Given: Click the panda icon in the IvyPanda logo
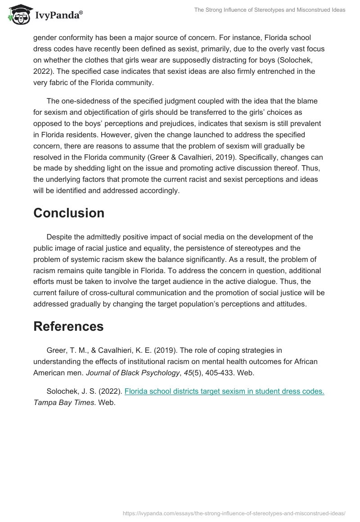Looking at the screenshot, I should click(x=18, y=15).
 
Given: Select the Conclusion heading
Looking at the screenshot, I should click(x=69, y=213).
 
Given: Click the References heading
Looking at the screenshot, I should click(x=68, y=326).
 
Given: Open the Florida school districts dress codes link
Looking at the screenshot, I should click(x=224, y=391).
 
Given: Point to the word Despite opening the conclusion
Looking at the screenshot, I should click(x=60, y=237).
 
